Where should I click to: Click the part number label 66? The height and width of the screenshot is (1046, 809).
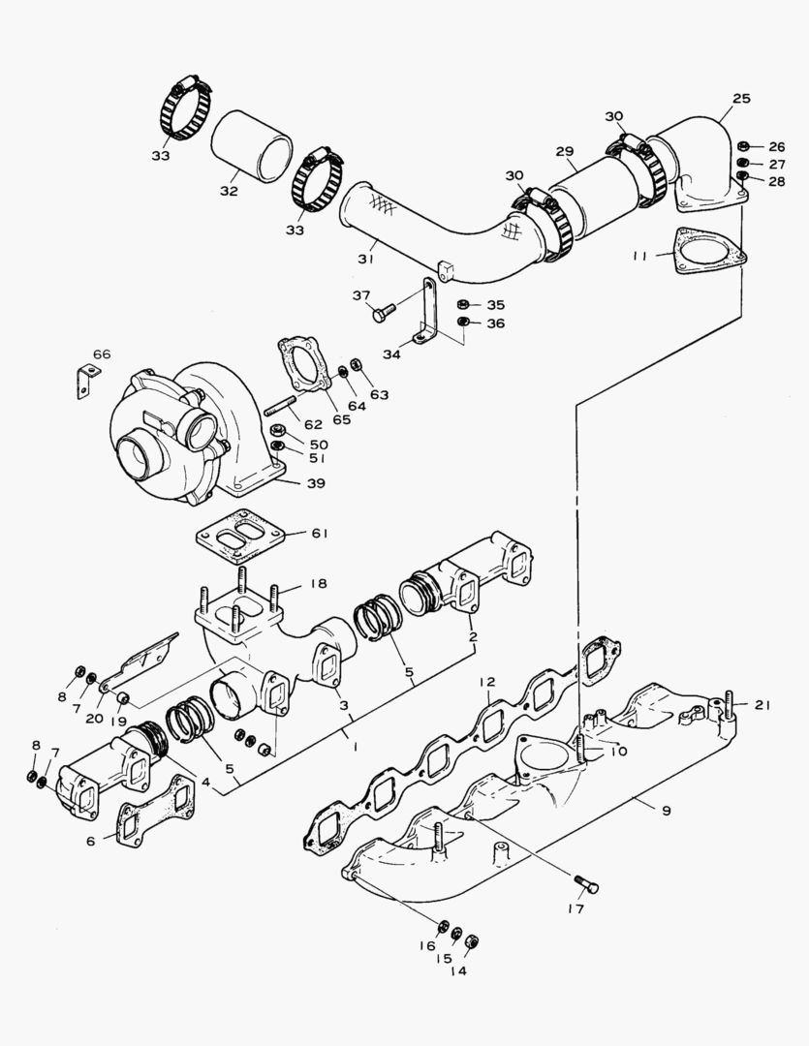click(x=102, y=354)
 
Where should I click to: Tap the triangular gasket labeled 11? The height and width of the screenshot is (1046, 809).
click(x=710, y=250)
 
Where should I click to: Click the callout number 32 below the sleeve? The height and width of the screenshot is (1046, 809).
click(x=228, y=191)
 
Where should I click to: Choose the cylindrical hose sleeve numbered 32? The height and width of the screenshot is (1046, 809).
click(x=252, y=146)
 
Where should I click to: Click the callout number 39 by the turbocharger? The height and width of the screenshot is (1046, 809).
click(x=315, y=482)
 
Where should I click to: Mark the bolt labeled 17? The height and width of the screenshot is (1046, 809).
click(x=585, y=882)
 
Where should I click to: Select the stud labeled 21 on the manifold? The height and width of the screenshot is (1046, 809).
click(x=728, y=708)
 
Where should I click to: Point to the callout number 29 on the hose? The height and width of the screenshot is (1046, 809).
click(x=564, y=151)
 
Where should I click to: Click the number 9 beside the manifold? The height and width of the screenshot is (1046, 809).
click(x=666, y=809)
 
